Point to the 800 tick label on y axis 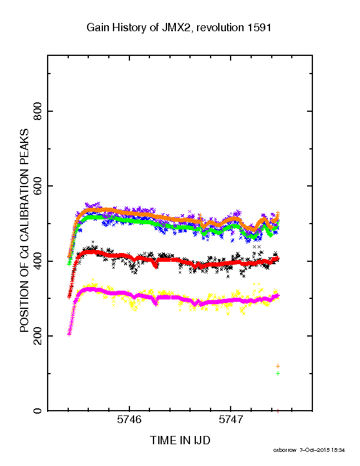38,111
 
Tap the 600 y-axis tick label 38,186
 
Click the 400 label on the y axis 38,261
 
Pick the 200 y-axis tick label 38,336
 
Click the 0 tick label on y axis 38,411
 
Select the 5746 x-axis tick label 129,420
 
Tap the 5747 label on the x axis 231,420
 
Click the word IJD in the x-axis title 201,440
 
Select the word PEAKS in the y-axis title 24,145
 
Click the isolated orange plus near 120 278,366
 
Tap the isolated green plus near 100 278,373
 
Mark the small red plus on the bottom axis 278,411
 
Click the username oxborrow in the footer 285,450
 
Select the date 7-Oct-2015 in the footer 314,450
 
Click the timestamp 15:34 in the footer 338,450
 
